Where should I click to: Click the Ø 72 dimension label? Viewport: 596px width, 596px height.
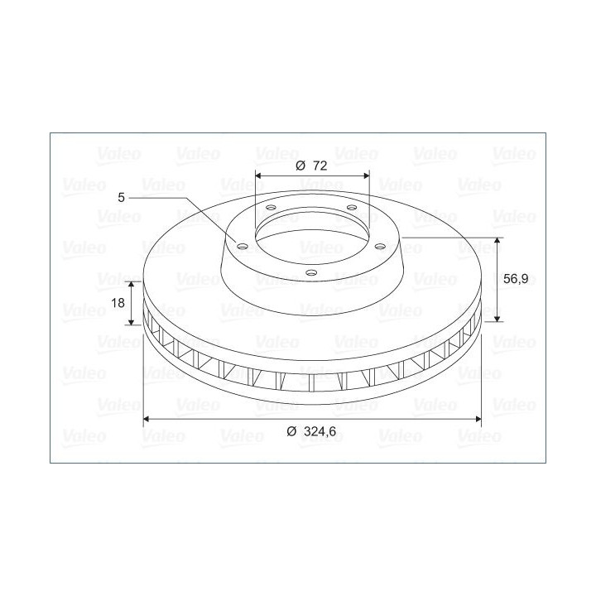coord(311,166)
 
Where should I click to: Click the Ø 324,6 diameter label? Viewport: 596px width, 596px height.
coord(311,431)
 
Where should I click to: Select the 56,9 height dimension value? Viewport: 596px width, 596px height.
coord(516,279)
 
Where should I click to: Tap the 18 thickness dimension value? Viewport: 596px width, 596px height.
coord(118,303)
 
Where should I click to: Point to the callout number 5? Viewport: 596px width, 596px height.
coord(121,198)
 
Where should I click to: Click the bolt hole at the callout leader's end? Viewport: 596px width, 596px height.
coord(242,247)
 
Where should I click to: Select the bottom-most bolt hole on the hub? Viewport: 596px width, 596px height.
coord(311,272)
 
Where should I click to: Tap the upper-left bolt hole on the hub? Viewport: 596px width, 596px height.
coord(271,208)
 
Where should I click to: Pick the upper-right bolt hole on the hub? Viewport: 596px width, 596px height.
coord(352,208)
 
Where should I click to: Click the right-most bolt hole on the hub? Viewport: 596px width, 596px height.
coord(380,247)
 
